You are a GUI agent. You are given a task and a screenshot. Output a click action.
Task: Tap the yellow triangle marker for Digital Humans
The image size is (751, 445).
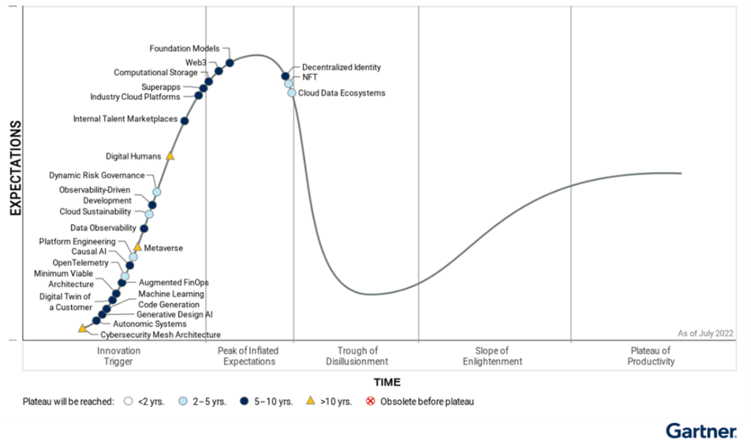point(170,156)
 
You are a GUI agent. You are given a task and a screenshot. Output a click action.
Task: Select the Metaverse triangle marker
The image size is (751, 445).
point(137,247)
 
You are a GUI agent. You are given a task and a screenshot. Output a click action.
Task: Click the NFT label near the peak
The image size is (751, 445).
point(309,77)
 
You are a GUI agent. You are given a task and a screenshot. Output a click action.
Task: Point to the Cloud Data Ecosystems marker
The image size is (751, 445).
point(292,93)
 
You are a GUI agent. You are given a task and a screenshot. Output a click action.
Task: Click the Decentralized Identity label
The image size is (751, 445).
point(341,68)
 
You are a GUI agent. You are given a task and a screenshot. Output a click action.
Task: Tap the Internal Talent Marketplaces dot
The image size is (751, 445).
point(184,120)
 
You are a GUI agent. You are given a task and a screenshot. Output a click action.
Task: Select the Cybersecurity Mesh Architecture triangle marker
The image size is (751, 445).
point(82,328)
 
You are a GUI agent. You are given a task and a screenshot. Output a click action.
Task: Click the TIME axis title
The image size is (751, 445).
point(387,382)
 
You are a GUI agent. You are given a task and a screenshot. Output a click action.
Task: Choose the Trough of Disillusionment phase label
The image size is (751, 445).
point(357,356)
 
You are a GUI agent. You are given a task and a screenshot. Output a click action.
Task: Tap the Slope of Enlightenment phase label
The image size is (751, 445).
point(492,356)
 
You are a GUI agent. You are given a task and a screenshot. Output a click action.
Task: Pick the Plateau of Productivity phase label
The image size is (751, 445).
point(651,356)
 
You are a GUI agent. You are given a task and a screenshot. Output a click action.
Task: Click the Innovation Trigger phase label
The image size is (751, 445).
point(118,356)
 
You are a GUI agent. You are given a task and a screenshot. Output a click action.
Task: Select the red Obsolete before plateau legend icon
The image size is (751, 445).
point(370,402)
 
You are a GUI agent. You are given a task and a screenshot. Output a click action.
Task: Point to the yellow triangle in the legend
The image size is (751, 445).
point(310,401)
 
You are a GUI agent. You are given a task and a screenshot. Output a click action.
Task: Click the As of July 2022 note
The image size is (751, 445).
point(706,333)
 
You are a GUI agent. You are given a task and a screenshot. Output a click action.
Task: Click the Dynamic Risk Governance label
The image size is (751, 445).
point(97,176)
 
